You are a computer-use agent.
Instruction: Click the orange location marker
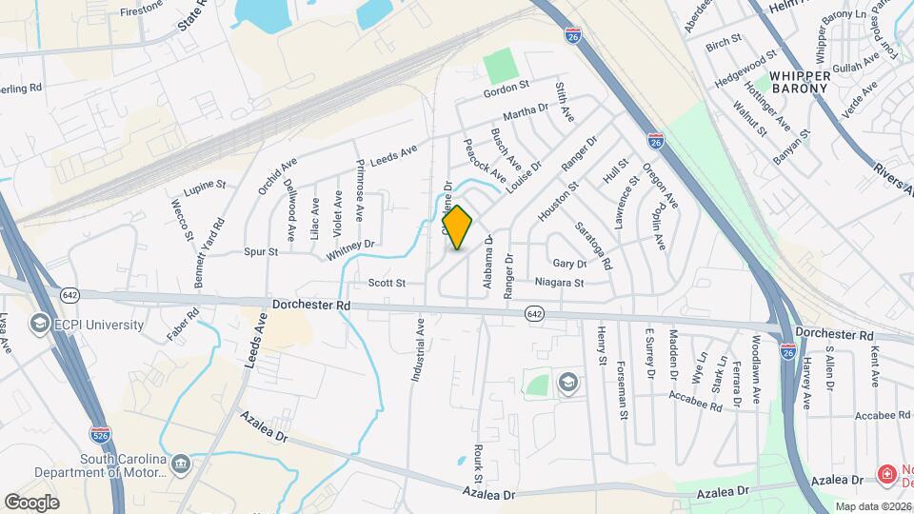click(x=458, y=227)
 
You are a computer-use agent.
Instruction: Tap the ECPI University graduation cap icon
click(x=40, y=325)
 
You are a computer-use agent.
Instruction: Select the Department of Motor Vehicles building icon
click(x=182, y=465)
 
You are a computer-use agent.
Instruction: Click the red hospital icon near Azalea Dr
click(x=886, y=473)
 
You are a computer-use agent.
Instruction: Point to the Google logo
click(x=31, y=502)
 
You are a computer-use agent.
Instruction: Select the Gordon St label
click(x=506, y=86)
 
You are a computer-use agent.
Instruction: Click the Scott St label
click(x=387, y=284)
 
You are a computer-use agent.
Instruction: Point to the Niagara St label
click(x=559, y=283)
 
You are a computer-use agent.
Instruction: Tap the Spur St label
click(x=260, y=252)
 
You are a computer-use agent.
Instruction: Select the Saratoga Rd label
click(x=592, y=243)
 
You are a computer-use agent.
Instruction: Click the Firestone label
click(x=143, y=14)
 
